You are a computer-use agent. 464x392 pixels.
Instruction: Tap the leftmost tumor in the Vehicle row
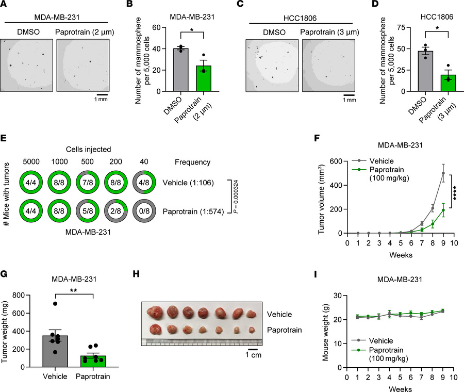pos(155,313)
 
